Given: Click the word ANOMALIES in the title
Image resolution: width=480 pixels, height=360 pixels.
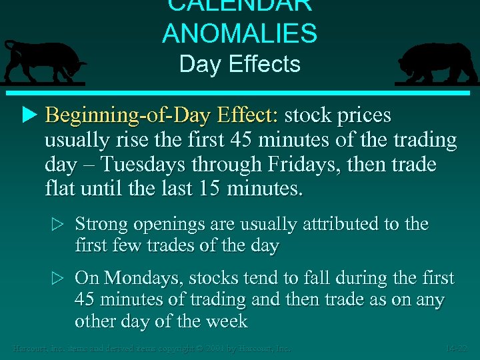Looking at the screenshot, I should pyautogui.click(x=240, y=33).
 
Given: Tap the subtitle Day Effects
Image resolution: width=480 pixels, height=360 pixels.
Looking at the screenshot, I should pyautogui.click(x=240, y=65).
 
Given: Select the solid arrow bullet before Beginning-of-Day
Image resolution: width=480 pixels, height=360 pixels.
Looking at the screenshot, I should pyautogui.click(x=27, y=115).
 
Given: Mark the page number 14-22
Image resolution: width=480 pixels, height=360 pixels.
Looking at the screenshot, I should pyautogui.click(x=459, y=348).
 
